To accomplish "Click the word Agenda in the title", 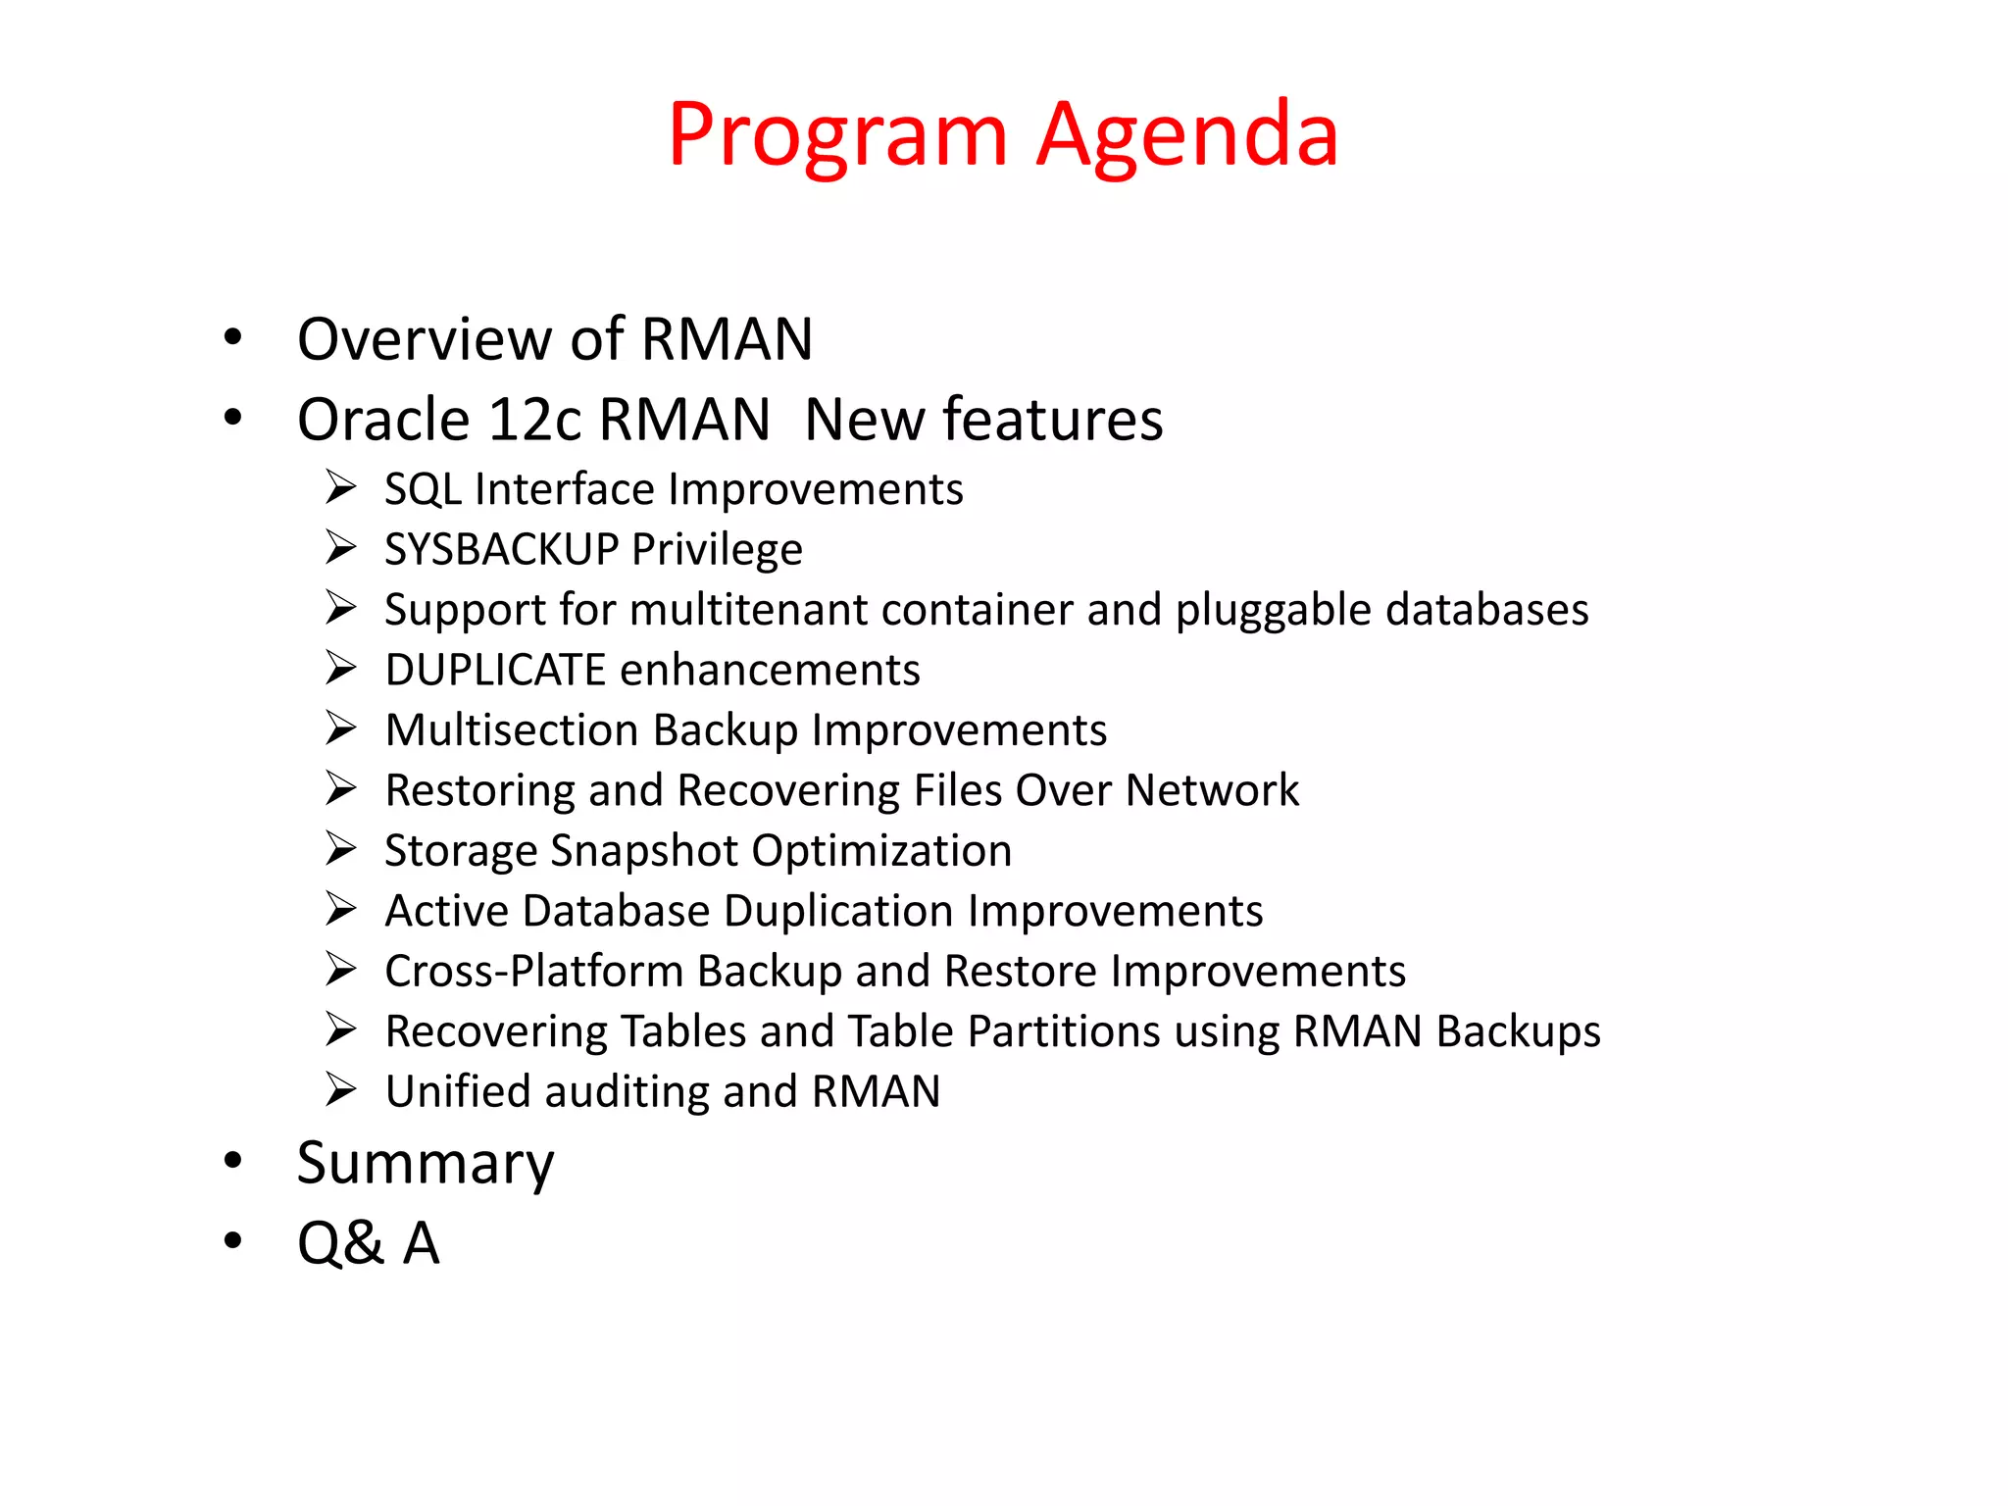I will point(1187,135).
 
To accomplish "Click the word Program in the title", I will point(838,135).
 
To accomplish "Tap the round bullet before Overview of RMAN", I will point(232,337).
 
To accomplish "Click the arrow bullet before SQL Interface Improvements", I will point(341,487).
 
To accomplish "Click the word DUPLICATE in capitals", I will point(495,671).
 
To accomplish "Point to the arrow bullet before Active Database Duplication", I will point(341,910).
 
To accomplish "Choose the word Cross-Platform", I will point(533,971).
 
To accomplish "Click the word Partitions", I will point(1063,1031).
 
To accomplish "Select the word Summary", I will point(426,1164).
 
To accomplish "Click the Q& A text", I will point(369,1243).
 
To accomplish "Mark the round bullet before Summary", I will point(232,1161).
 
